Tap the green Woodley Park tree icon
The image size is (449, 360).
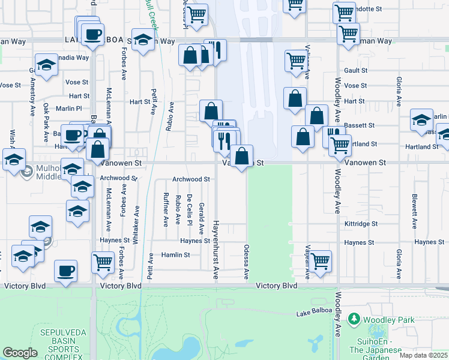(x=355, y=319)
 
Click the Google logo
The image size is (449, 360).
(x=20, y=353)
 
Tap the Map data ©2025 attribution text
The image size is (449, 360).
(x=423, y=355)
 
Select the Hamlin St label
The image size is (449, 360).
(x=175, y=254)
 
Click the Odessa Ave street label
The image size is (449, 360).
(x=246, y=262)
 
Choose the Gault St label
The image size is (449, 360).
(x=355, y=70)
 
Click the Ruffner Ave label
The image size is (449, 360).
(x=166, y=209)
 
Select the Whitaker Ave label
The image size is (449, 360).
(x=137, y=223)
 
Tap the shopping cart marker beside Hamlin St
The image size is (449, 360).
(x=103, y=260)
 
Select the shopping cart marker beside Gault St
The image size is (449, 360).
(x=295, y=59)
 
